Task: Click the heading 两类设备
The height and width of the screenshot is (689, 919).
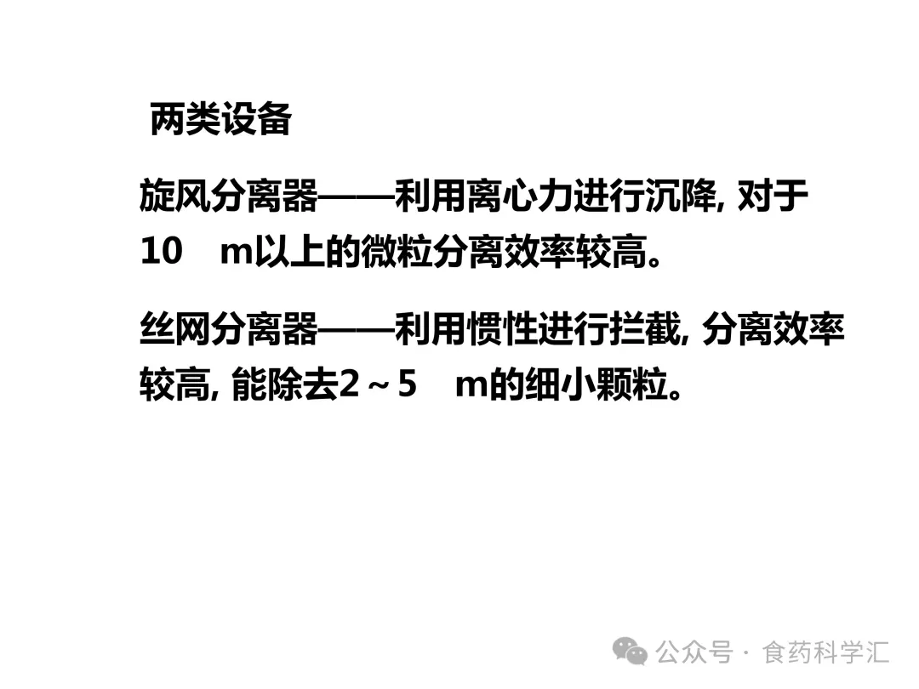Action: click(220, 120)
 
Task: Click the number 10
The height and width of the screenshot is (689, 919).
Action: click(162, 253)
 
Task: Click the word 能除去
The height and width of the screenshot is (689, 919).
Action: click(285, 384)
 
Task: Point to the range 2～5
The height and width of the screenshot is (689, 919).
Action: click(378, 384)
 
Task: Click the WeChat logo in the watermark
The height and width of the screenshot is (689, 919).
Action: click(631, 652)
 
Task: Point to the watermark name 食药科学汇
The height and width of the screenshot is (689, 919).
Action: click(826, 653)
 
